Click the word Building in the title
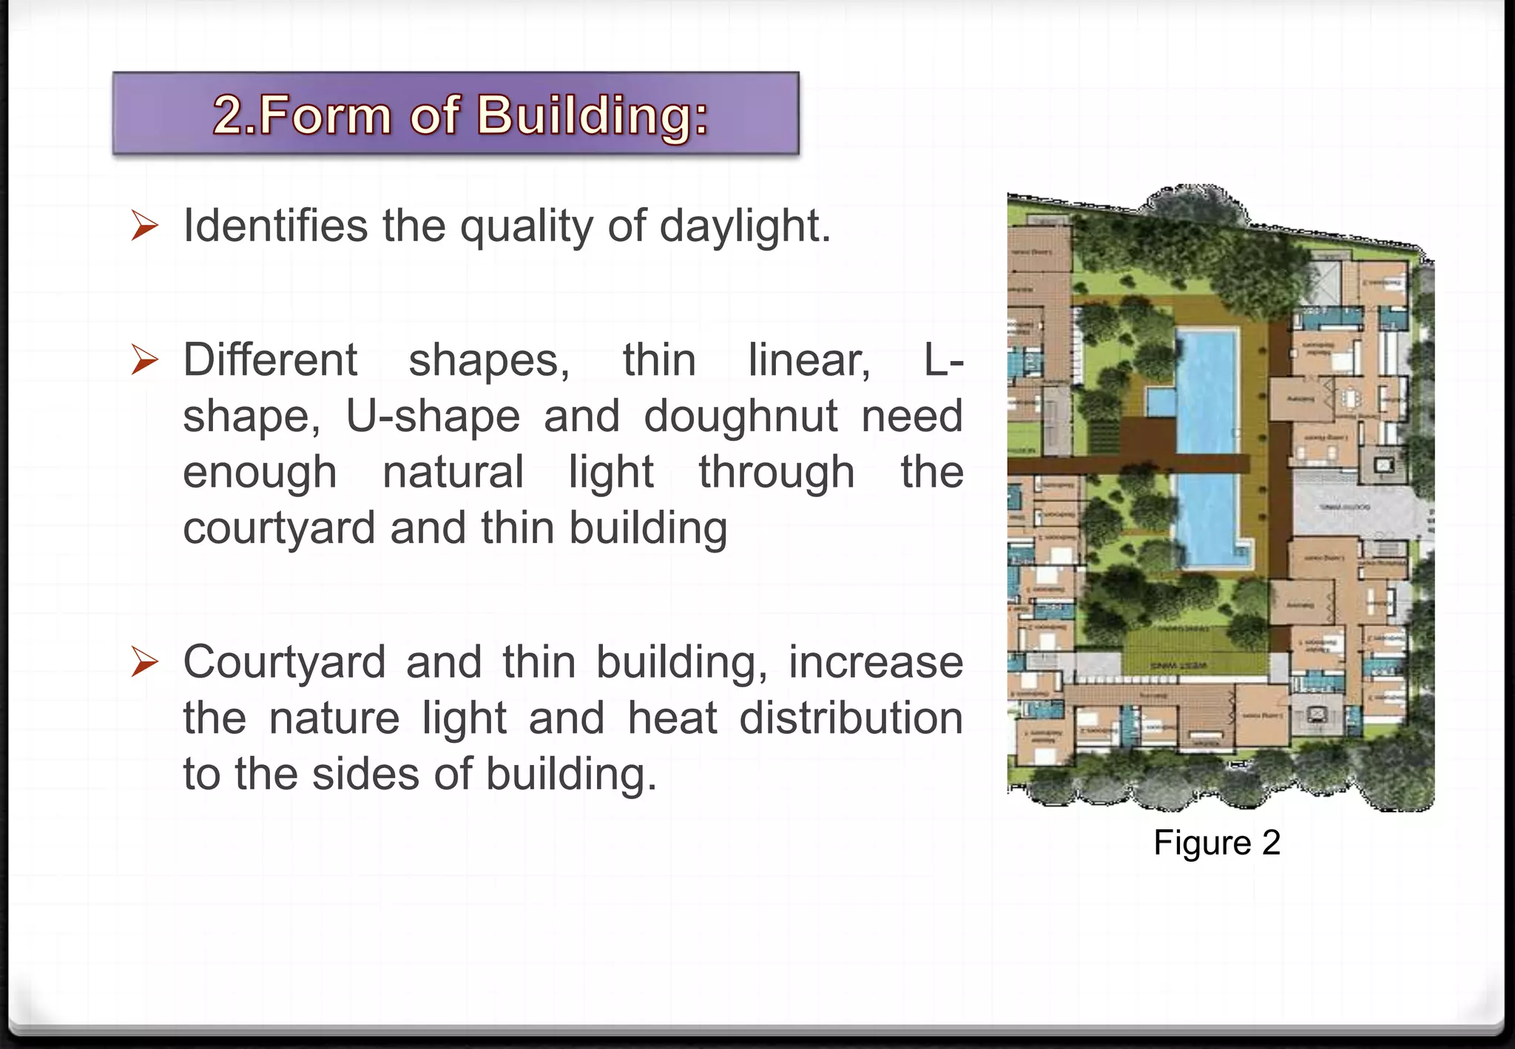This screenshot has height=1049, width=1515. [592, 115]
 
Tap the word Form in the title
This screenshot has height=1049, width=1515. [323, 115]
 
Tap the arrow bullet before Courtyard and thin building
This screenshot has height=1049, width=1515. [145, 661]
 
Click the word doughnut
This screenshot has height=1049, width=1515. [740, 416]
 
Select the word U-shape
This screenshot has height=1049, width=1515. [433, 416]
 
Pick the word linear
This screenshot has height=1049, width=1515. [809, 360]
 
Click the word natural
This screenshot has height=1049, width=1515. [453, 472]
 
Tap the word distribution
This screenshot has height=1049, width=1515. [851, 718]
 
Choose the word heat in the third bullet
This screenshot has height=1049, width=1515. [672, 718]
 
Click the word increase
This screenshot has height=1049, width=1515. [875, 661]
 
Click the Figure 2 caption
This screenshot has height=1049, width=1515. [1217, 843]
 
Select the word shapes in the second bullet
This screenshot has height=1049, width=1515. [489, 360]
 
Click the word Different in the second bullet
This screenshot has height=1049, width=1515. [270, 360]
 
